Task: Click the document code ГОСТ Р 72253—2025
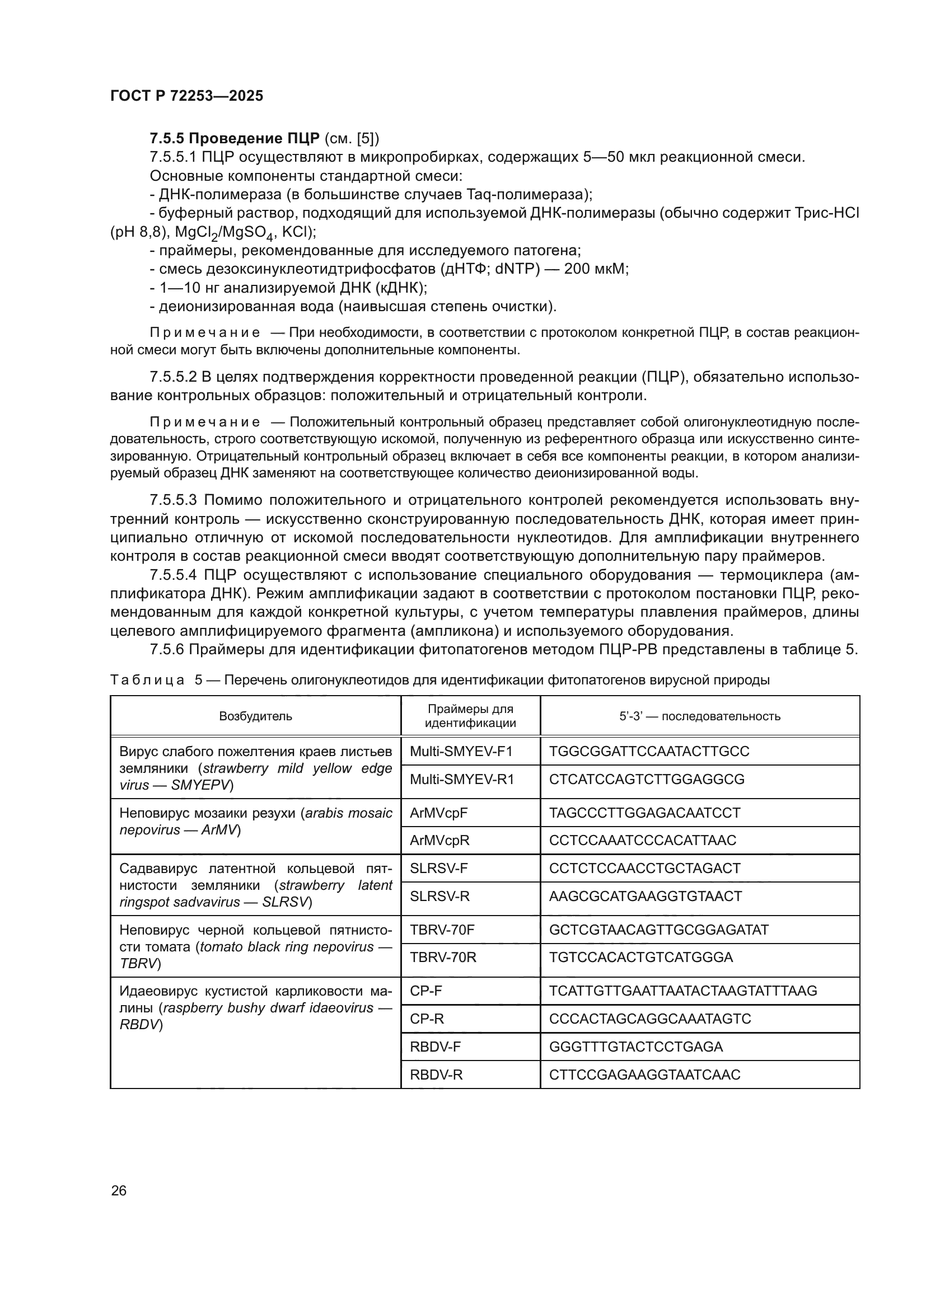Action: point(186,96)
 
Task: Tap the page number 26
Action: point(119,1190)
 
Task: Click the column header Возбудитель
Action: point(255,716)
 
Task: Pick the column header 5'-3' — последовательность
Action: point(700,716)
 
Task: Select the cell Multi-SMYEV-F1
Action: point(461,751)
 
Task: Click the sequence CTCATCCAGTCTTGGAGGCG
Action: point(647,779)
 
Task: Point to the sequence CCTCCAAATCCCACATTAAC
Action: point(643,841)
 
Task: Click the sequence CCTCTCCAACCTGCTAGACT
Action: point(644,869)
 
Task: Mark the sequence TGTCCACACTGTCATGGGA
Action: point(641,957)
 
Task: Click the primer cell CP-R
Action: point(427,1019)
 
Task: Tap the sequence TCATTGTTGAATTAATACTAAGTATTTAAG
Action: point(683,991)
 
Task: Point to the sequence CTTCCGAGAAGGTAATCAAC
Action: point(644,1075)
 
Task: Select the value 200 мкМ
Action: point(596,269)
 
